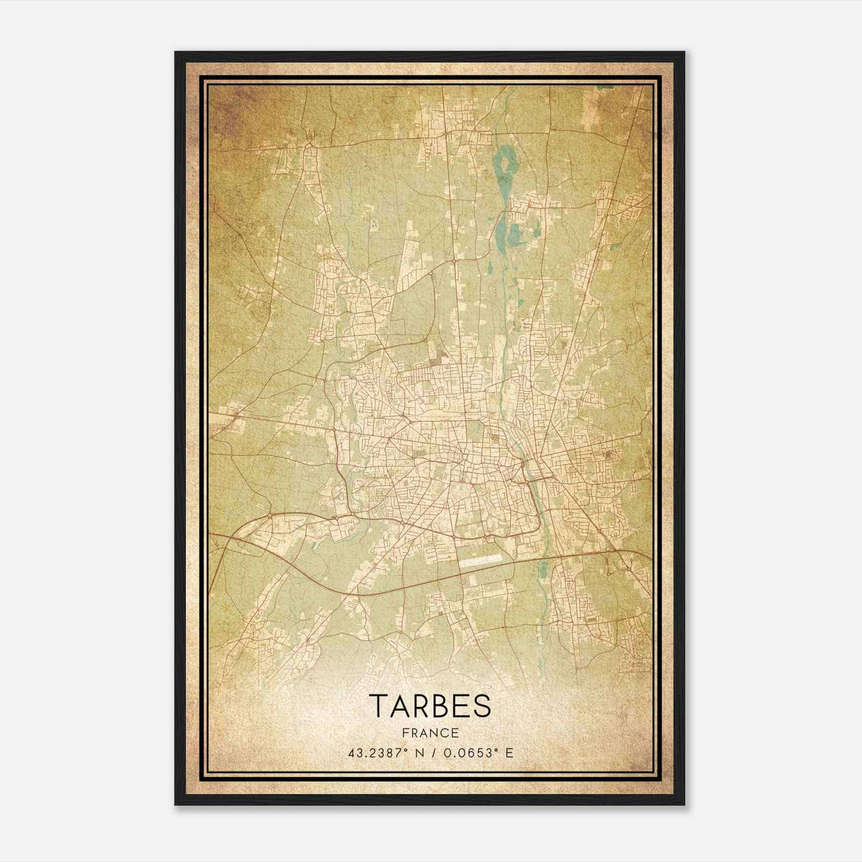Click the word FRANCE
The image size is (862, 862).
pos(430,733)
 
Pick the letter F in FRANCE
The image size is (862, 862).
pos(405,733)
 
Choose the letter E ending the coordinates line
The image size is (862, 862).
pos(509,753)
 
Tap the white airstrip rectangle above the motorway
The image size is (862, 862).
pos(480,560)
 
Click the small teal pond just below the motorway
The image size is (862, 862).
pos(543,568)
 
